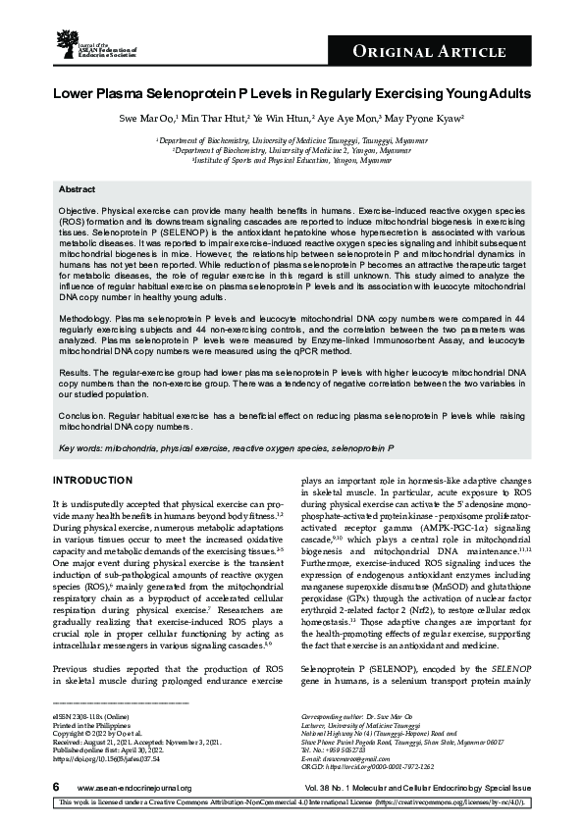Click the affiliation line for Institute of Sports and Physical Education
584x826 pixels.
(293, 160)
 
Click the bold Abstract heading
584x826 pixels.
(77, 188)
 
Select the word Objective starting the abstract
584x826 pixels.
(79, 211)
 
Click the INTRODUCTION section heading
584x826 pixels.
(91, 480)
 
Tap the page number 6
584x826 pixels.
(56, 788)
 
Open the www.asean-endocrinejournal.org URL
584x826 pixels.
(133, 789)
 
